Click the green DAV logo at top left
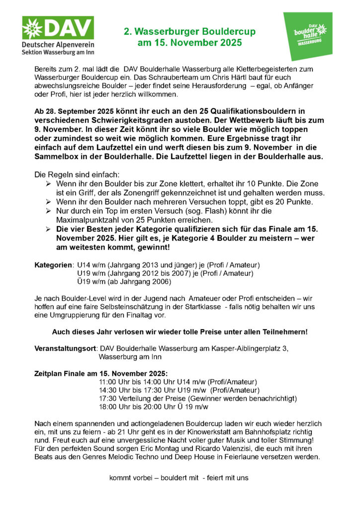pos(58,35)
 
